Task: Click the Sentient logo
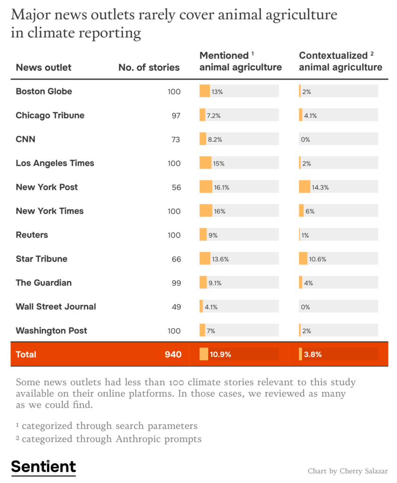[43, 466]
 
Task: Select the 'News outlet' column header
[43, 67]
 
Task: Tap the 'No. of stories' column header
[149, 67]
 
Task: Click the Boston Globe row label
[44, 92]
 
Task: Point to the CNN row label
[25, 139]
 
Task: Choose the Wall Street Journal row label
[56, 307]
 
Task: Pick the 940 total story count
[173, 354]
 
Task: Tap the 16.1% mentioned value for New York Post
[222, 187]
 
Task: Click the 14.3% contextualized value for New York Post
[320, 187]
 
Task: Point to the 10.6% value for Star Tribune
[318, 259]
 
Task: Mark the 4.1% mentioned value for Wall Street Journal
[210, 307]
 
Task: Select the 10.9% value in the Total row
[220, 354]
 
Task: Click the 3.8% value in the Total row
[313, 354]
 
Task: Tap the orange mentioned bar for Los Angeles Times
[206, 163]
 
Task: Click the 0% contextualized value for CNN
[305, 140]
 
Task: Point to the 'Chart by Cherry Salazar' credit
[347, 471]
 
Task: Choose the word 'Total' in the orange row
[26, 354]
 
